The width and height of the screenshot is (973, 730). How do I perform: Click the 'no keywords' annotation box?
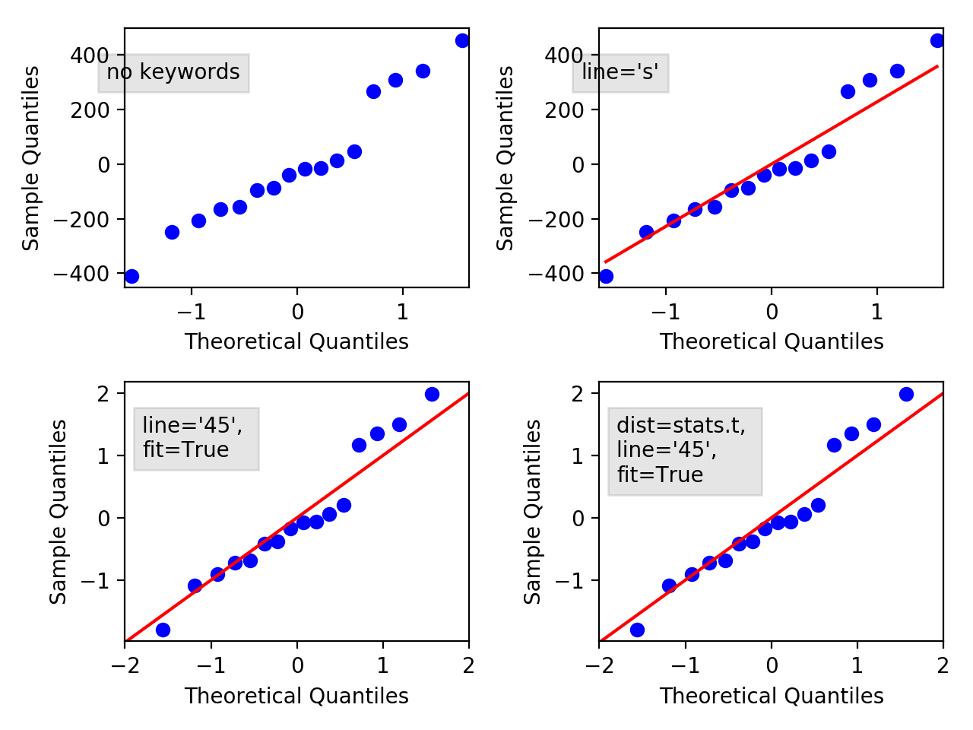173,72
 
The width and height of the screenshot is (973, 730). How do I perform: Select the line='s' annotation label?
620,72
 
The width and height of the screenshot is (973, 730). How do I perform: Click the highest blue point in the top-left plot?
462,40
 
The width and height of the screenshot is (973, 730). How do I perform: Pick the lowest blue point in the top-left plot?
132,276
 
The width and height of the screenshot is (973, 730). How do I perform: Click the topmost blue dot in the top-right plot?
937,40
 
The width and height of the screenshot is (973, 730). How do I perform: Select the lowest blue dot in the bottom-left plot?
163,630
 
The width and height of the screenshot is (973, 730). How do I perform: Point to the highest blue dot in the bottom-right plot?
906,394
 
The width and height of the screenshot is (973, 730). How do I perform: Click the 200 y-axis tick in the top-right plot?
563,110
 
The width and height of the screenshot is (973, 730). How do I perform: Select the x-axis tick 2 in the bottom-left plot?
468,666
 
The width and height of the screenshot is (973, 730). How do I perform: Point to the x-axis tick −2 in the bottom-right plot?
600,666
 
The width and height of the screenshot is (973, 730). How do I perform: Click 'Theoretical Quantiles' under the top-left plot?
296,342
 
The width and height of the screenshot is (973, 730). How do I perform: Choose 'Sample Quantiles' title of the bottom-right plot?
533,512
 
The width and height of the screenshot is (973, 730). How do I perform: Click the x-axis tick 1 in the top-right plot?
876,312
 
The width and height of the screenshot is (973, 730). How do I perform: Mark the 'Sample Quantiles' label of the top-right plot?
506,158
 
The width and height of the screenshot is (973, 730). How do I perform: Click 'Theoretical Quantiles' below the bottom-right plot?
771,696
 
